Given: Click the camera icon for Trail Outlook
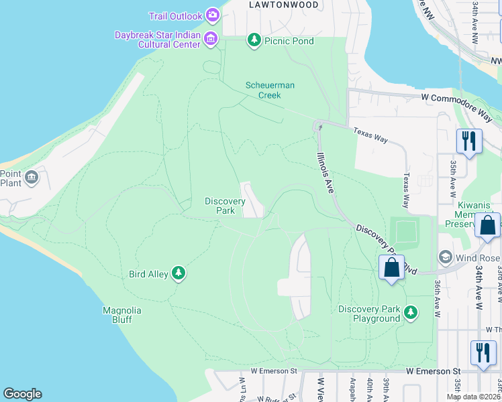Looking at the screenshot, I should [x=213, y=15].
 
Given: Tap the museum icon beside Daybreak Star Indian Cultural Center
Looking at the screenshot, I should [x=211, y=39].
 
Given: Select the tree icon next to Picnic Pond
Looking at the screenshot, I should [x=254, y=40].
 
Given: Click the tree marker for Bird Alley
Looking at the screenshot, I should [x=178, y=273].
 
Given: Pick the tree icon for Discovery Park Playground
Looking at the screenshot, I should [x=411, y=312].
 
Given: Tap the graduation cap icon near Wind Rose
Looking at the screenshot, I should [x=444, y=258].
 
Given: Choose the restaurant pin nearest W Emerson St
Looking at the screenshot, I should [x=483, y=352].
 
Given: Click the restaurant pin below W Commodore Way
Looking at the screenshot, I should [x=468, y=141].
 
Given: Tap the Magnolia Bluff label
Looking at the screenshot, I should [x=121, y=314].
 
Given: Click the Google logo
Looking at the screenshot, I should [x=22, y=394].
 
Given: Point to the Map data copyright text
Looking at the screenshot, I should [x=473, y=397].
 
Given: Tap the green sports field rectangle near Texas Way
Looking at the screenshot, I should [x=405, y=232].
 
